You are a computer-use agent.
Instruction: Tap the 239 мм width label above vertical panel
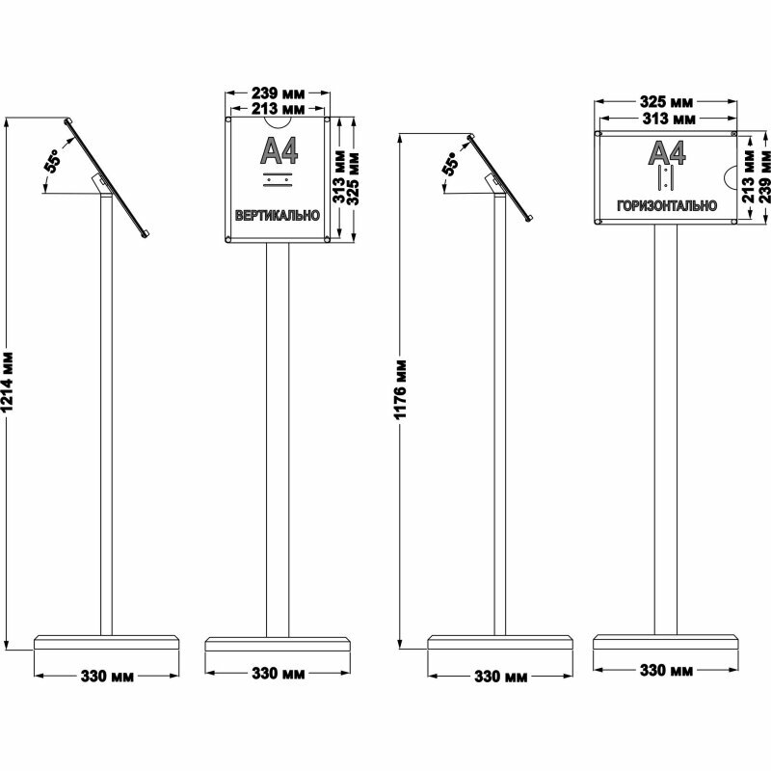click(x=278, y=94)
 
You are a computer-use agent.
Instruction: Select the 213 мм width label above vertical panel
click(x=278, y=109)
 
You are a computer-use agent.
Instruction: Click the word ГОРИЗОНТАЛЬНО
click(x=667, y=205)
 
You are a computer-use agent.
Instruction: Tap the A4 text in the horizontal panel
click(x=667, y=152)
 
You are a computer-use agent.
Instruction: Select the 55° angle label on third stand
click(x=450, y=164)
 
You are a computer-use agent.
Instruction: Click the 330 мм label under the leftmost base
click(x=106, y=677)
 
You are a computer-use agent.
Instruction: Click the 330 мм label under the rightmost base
click(x=667, y=670)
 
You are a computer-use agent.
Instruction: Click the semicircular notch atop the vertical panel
click(x=279, y=122)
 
